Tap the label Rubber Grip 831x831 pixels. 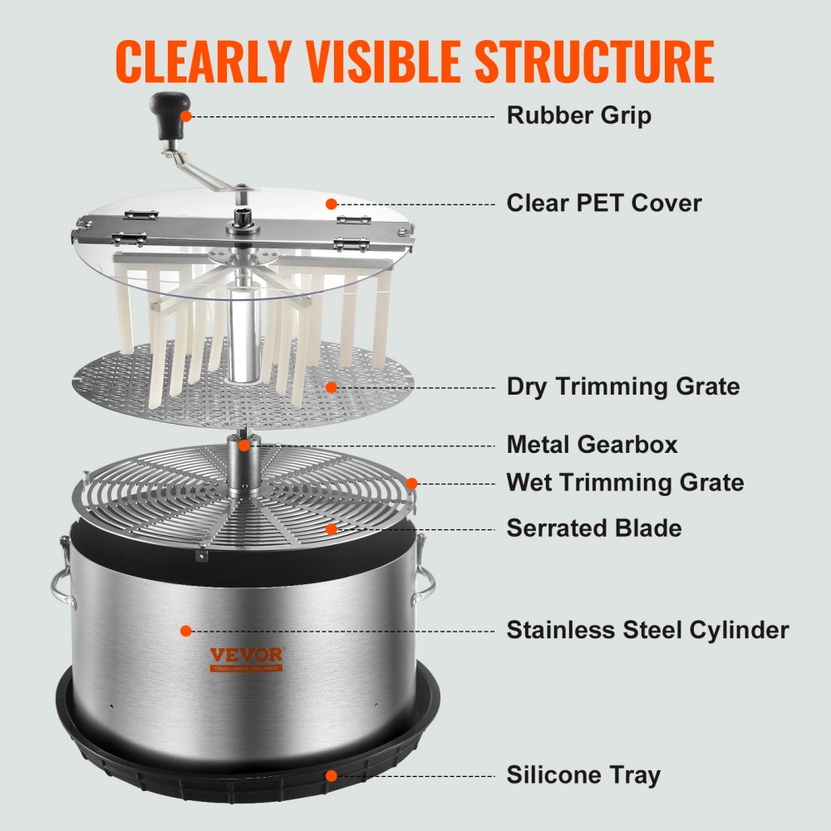[x=579, y=115]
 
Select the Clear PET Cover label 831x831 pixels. [x=604, y=203]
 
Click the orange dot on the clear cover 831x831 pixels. [x=331, y=203]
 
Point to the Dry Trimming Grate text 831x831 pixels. [x=623, y=386]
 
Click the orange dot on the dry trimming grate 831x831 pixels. [x=331, y=386]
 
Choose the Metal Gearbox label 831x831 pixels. [x=592, y=444]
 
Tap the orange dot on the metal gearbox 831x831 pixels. [x=243, y=445]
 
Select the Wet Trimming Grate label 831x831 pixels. [x=625, y=482]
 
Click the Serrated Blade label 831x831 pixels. [x=594, y=528]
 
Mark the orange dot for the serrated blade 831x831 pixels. [x=331, y=528]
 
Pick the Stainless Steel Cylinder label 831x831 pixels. [x=647, y=630]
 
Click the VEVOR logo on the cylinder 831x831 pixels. [x=245, y=654]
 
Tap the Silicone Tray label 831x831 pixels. [x=583, y=775]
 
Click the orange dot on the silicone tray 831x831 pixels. [x=331, y=775]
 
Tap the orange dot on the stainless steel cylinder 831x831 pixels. [x=186, y=631]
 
